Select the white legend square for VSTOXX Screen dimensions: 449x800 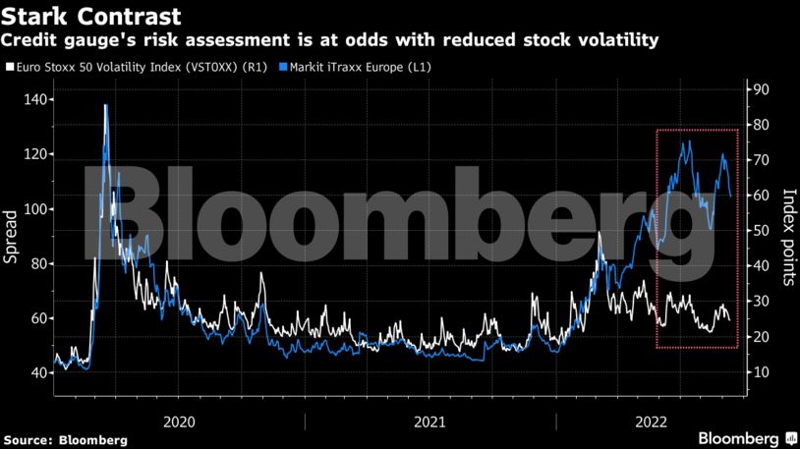pos(10,68)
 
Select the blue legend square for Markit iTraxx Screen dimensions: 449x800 pos(284,68)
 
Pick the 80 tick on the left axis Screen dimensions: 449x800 pos(35,263)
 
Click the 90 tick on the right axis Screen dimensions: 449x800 pos(762,89)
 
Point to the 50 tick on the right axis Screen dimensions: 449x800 pos(762,231)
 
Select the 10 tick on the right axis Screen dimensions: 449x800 pos(762,372)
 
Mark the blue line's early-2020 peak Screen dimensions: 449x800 pos(105,105)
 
